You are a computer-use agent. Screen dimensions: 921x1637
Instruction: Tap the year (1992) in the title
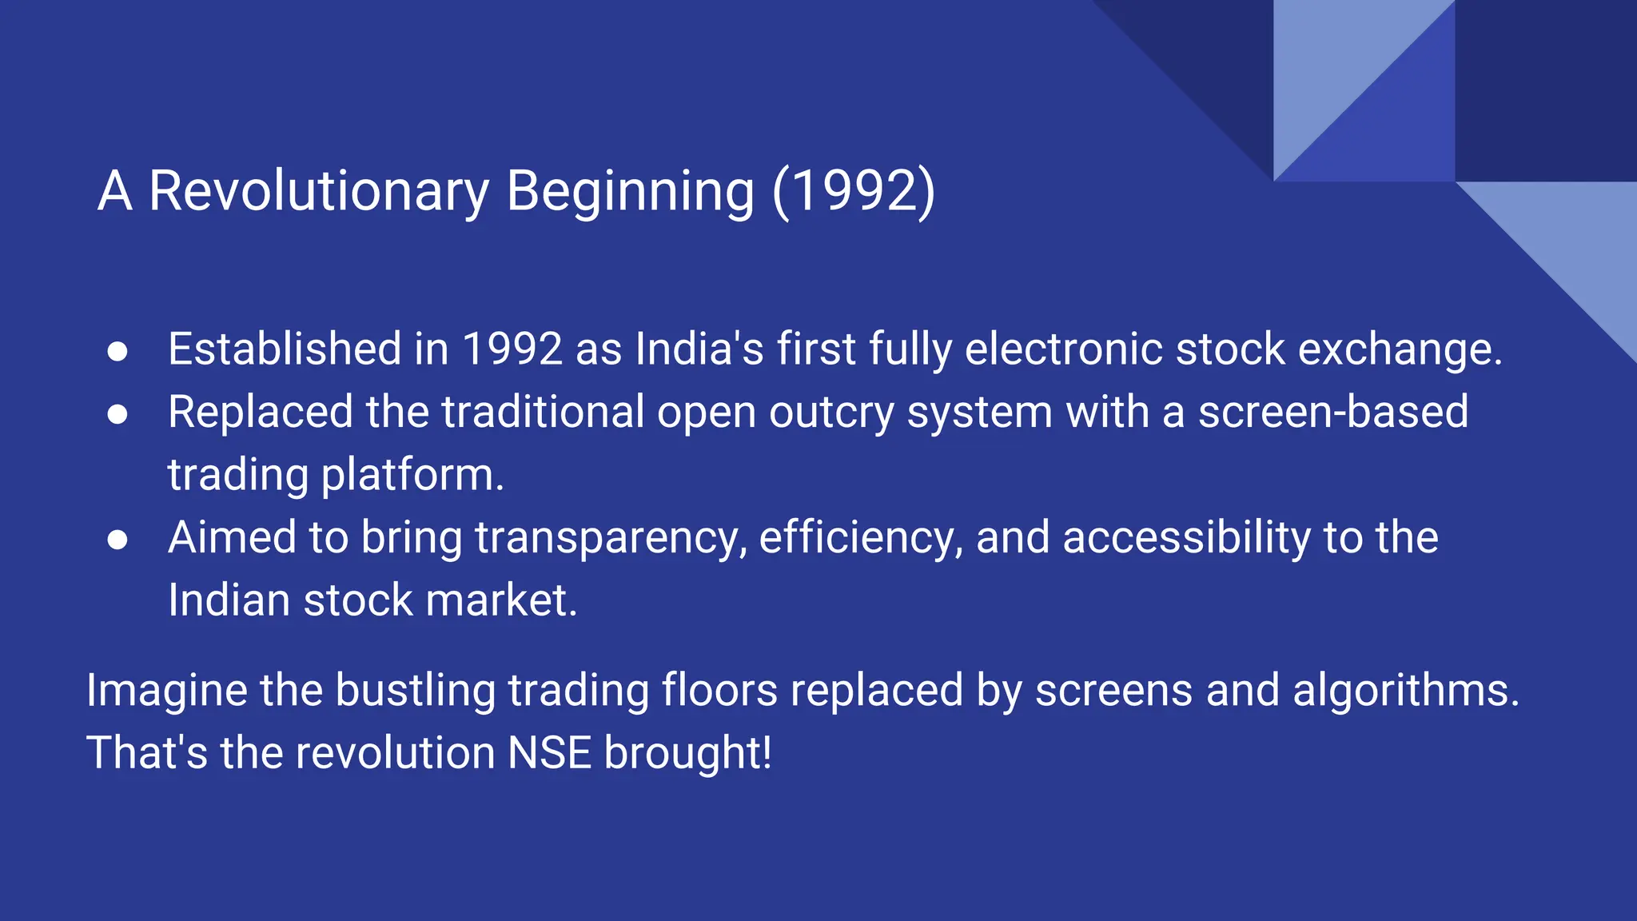click(853, 192)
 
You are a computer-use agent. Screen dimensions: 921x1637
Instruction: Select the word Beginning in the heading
click(630, 192)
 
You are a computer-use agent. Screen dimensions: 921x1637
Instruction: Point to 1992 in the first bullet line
click(512, 349)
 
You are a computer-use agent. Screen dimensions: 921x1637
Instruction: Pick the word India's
click(699, 349)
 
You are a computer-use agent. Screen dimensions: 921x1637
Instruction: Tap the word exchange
click(1400, 349)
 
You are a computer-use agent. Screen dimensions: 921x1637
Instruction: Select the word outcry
click(831, 413)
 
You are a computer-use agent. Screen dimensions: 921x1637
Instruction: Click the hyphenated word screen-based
click(1332, 413)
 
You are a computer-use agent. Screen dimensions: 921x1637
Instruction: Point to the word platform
click(412, 475)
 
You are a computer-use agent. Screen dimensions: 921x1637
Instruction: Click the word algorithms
click(1405, 690)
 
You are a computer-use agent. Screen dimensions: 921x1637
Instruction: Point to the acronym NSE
click(549, 753)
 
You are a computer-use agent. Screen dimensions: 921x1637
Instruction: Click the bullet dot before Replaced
click(117, 414)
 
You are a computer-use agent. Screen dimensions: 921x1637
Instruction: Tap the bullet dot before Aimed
click(117, 540)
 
